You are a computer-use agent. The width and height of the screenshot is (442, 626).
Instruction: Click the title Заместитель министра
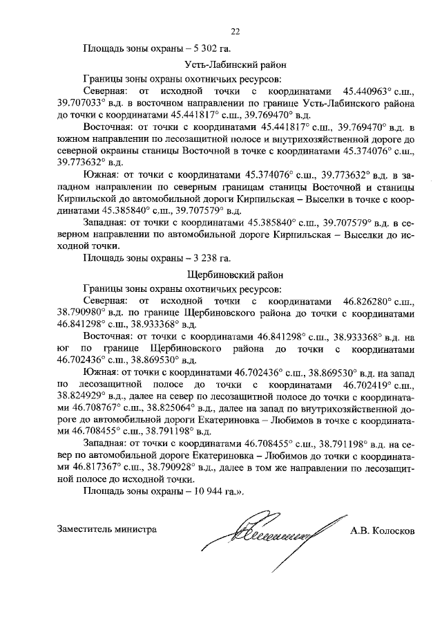click(106, 530)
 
